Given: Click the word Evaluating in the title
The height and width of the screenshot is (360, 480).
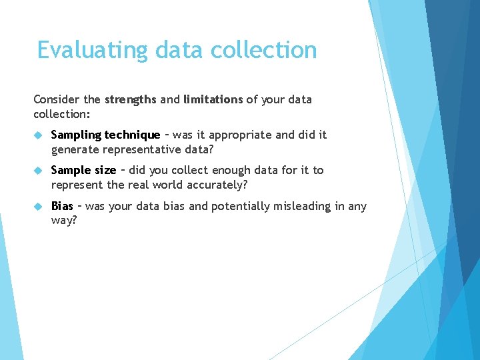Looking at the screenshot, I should pyautogui.click(x=92, y=51).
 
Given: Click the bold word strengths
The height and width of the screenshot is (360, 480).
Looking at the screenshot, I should pyautogui.click(x=130, y=99).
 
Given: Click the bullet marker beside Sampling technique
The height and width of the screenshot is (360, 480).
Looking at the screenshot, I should pyautogui.click(x=38, y=135).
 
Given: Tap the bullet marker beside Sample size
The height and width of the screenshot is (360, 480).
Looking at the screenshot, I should pyautogui.click(x=38, y=171).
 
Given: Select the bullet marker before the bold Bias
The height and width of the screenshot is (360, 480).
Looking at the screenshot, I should pyautogui.click(x=38, y=207).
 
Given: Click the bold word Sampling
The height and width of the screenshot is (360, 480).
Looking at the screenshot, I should pyautogui.click(x=75, y=135).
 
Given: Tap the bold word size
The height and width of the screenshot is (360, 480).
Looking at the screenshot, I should pyautogui.click(x=104, y=171).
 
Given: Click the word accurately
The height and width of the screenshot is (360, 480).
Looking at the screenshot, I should pyautogui.click(x=209, y=185).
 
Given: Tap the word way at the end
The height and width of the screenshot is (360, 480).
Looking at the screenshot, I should pyautogui.click(x=63, y=221).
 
